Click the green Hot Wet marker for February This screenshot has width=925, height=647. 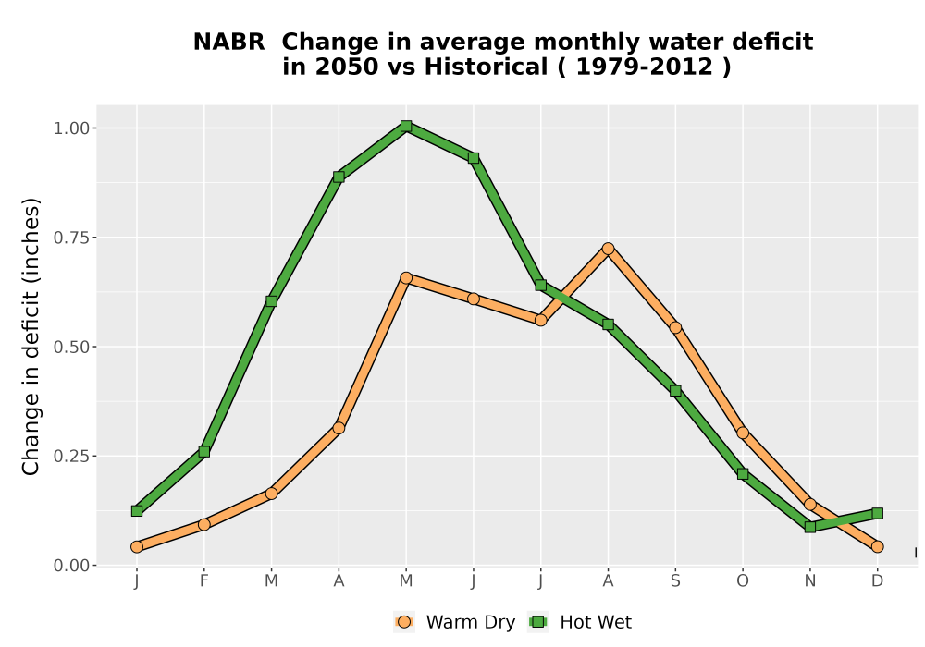click(204, 452)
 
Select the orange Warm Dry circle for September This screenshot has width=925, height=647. click(675, 327)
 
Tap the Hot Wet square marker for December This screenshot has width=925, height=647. click(877, 514)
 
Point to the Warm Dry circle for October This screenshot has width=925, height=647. click(743, 433)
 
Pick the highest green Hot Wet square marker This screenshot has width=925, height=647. click(406, 126)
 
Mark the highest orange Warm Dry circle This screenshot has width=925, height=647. click(609, 249)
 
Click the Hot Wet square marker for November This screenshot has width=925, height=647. click(810, 528)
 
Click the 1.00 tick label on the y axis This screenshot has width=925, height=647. click(71, 128)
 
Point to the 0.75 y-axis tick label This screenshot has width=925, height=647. click(71, 238)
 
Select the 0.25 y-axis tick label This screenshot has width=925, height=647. click(71, 456)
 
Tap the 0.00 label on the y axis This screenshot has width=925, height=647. click(71, 566)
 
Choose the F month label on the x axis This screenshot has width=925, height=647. click(204, 581)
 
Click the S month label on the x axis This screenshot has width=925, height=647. click(675, 581)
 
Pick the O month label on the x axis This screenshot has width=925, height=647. click(743, 581)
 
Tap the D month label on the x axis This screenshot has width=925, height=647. click(877, 581)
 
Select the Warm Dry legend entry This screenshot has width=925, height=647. click(455, 622)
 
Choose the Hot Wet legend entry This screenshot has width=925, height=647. click(581, 622)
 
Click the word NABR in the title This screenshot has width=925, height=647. click(228, 43)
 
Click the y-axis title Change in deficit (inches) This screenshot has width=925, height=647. click(31, 336)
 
